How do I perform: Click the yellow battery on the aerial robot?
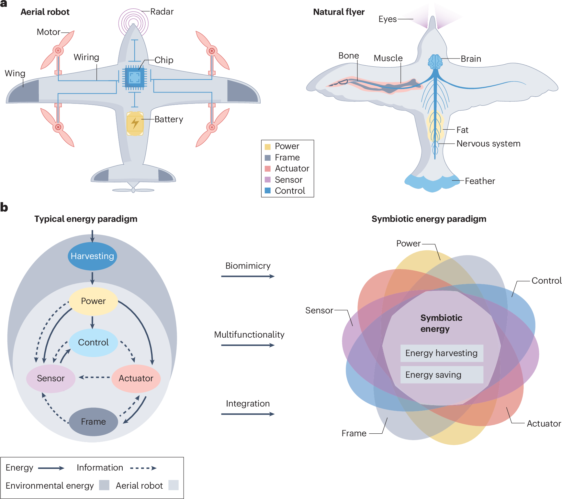(x=135, y=124)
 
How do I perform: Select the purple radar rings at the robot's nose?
(x=133, y=23)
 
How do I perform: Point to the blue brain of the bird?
(x=435, y=61)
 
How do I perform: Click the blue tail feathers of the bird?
(x=432, y=183)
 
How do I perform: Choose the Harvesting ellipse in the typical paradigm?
(x=92, y=256)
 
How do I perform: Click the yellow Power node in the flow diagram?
(x=93, y=301)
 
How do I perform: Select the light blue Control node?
(x=93, y=342)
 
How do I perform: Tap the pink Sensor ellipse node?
(x=51, y=378)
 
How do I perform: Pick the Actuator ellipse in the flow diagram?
(x=136, y=378)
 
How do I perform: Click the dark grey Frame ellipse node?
(x=93, y=422)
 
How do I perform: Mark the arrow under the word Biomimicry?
(x=248, y=277)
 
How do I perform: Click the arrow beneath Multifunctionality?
(x=248, y=345)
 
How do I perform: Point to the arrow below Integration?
(x=248, y=414)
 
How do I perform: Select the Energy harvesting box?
(x=442, y=353)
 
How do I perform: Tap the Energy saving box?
(x=442, y=375)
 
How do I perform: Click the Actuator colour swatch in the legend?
(x=268, y=169)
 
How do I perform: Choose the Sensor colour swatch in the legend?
(x=268, y=180)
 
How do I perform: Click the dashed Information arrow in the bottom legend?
(x=143, y=468)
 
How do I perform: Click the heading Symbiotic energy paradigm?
(x=429, y=219)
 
